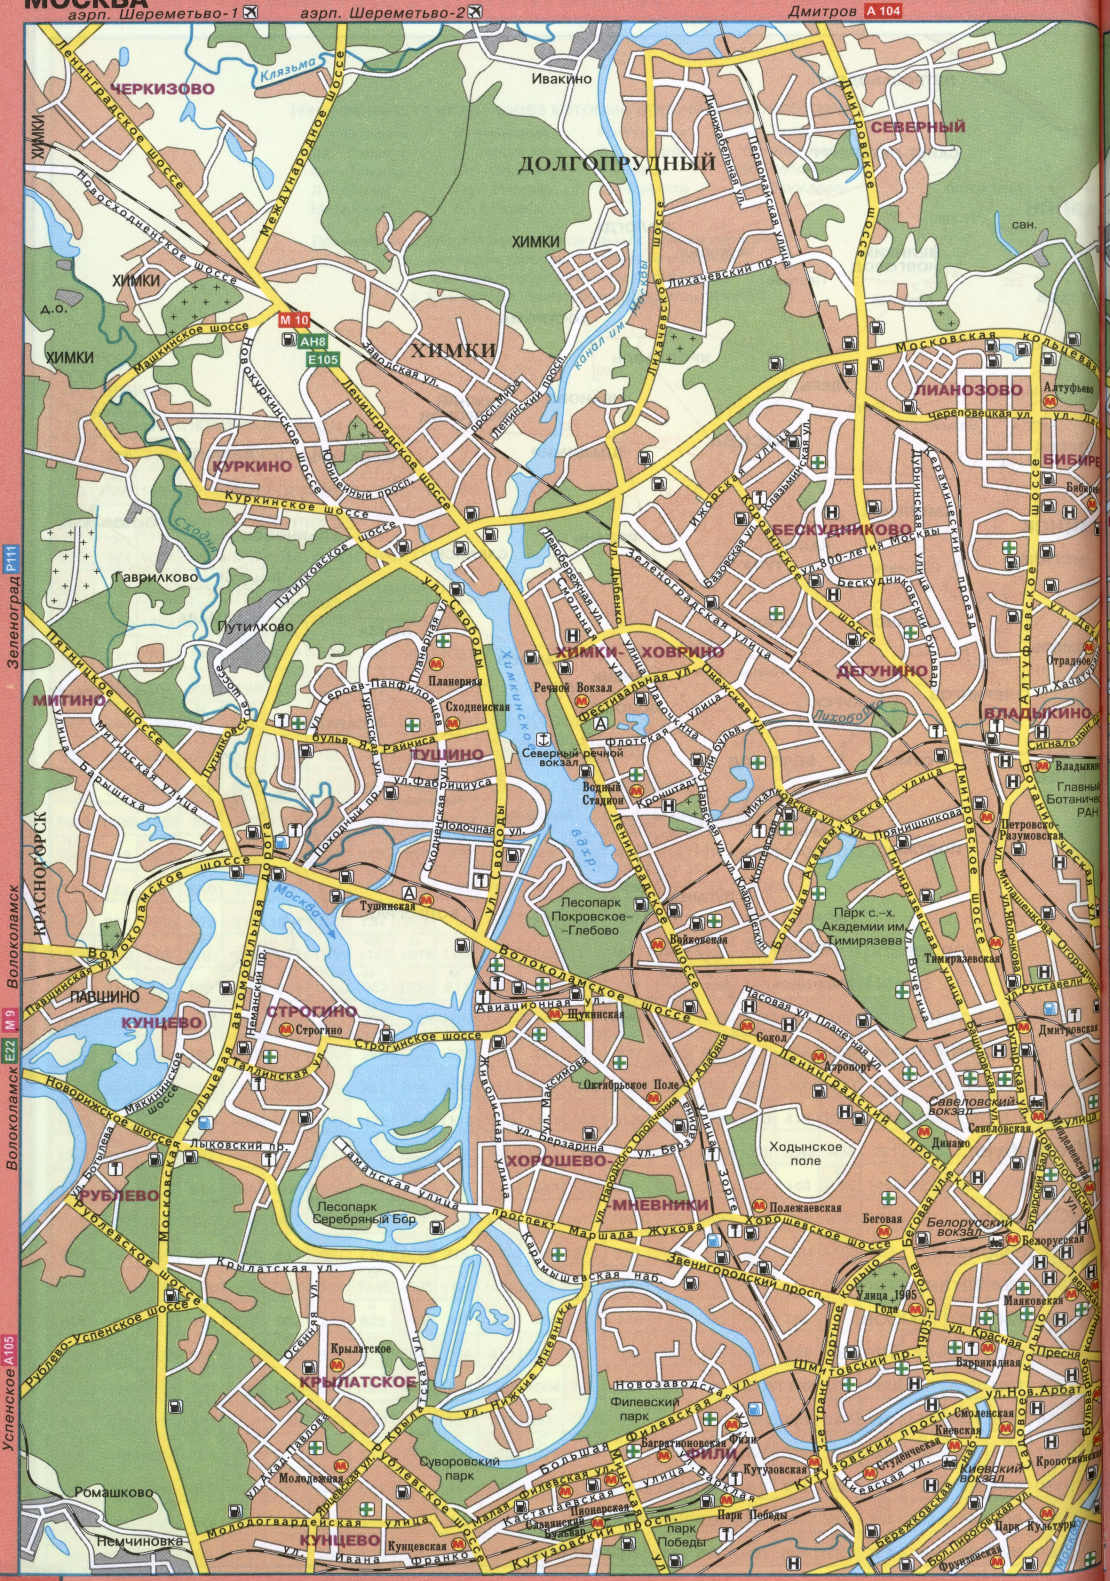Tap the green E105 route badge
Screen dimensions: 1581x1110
318,359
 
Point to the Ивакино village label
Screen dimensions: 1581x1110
561,79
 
